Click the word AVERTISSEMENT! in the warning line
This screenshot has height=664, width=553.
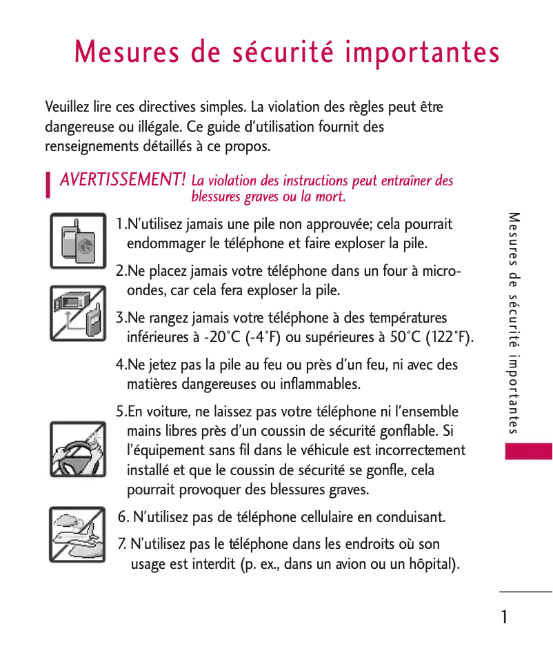123,180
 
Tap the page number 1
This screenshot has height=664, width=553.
505,617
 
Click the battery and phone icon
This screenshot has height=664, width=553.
78,241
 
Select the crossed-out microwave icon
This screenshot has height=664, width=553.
78,313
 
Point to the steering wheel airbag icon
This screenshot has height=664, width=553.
78,450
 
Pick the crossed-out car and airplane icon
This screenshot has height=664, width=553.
78,534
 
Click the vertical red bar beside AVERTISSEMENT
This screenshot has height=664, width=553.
48,185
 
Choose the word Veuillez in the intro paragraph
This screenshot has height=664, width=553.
66,108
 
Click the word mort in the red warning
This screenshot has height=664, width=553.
330,197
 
